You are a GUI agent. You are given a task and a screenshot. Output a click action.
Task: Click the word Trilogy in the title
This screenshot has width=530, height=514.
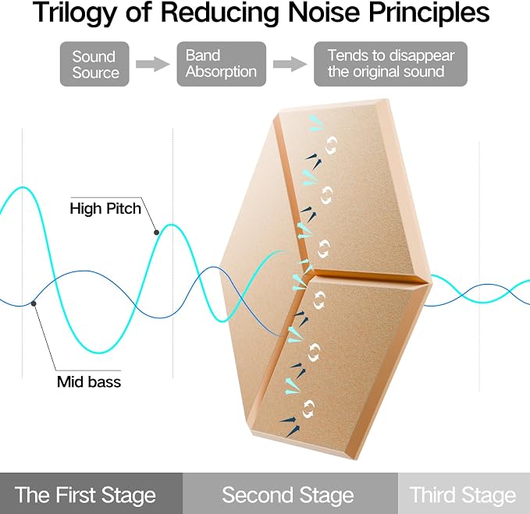pos(74,12)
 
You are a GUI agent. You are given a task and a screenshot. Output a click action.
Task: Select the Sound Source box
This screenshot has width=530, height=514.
pos(94,64)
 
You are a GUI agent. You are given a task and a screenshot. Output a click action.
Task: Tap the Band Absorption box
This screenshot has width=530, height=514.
pos(222,64)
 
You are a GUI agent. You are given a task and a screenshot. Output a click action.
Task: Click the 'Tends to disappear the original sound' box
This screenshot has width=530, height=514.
pos(391,64)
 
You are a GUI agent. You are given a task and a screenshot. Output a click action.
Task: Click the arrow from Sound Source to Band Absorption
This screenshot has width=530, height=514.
pos(153,64)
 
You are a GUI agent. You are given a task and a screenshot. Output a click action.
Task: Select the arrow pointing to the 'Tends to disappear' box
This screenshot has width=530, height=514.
pos(290,64)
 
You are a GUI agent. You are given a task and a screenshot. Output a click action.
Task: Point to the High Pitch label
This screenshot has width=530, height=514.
pos(105,208)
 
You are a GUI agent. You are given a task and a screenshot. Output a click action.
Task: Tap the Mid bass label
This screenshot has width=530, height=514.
pos(89,382)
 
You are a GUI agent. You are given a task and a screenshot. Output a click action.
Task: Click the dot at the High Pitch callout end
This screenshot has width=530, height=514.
pos(156,232)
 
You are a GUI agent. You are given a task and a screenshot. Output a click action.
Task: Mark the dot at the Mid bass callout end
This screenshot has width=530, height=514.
pos(34,304)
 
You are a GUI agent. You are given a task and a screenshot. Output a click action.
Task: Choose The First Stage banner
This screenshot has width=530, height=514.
pos(91,494)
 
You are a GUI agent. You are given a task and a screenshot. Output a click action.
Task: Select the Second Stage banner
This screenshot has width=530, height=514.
pos(290,494)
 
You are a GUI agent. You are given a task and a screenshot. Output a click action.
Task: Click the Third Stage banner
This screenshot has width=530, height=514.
pos(464,494)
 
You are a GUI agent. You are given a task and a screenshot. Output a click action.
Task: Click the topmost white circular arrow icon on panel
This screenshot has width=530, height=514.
pos(332,145)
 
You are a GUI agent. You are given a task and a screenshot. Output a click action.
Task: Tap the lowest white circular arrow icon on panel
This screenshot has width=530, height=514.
pos(308,409)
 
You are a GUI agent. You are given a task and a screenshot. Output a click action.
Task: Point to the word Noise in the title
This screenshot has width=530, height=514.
pos(324,12)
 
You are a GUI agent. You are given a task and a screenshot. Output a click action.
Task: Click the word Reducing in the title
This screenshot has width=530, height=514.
pos(219,12)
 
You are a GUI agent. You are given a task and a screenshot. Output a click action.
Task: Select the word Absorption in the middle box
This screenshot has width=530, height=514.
pos(221,72)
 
